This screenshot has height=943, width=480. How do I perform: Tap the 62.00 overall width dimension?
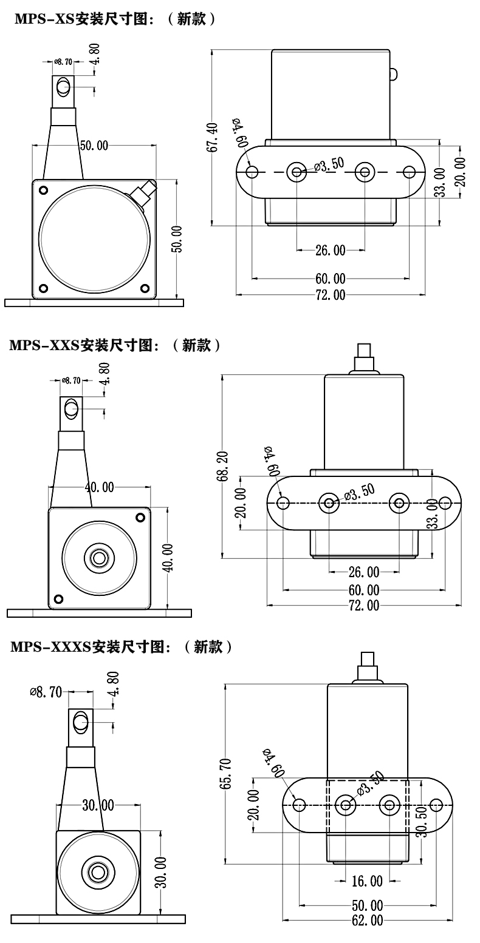point(367,937)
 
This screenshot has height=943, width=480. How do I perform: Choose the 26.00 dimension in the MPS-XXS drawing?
point(363,572)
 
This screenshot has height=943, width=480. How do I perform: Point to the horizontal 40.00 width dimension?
point(99,487)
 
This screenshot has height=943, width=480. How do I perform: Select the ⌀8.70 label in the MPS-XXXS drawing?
point(46,692)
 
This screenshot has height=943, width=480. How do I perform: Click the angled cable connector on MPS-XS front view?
point(143,194)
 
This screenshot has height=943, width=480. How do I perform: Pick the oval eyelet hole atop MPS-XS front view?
point(63,88)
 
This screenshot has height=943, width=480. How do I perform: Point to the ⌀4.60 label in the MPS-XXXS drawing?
point(274,763)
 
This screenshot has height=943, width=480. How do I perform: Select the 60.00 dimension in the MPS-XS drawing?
point(331,279)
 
